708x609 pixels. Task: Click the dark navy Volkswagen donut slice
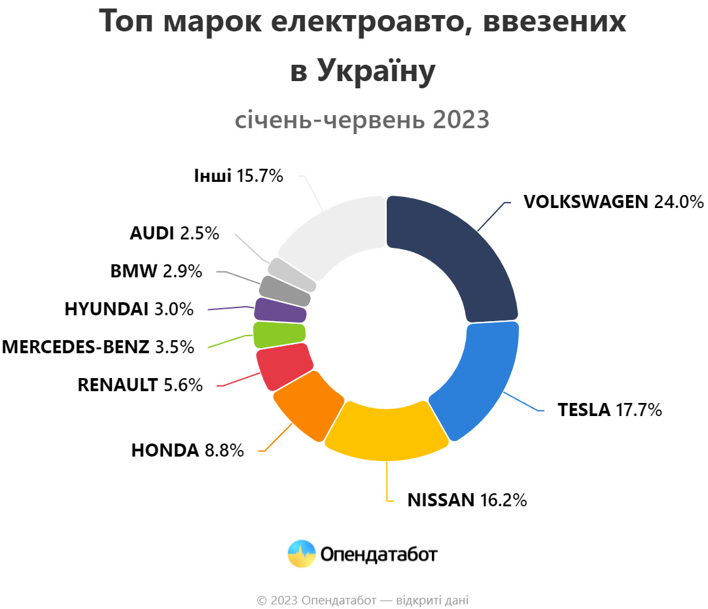click(x=458, y=255)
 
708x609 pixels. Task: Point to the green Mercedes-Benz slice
click(x=279, y=335)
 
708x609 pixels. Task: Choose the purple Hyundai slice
click(x=280, y=310)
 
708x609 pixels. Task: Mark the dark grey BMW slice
click(x=285, y=290)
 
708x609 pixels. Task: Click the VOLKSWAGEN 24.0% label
click(x=613, y=201)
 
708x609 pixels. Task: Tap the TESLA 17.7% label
click(x=609, y=410)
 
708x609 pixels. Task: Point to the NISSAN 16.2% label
click(x=467, y=500)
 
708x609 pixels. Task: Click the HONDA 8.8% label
click(x=187, y=450)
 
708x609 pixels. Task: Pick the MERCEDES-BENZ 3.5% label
click(x=98, y=347)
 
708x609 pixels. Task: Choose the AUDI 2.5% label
click(x=174, y=233)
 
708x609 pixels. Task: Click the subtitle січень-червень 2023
click(x=362, y=120)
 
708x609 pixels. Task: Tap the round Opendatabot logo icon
click(x=302, y=554)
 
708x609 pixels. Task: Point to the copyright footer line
click(x=363, y=600)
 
